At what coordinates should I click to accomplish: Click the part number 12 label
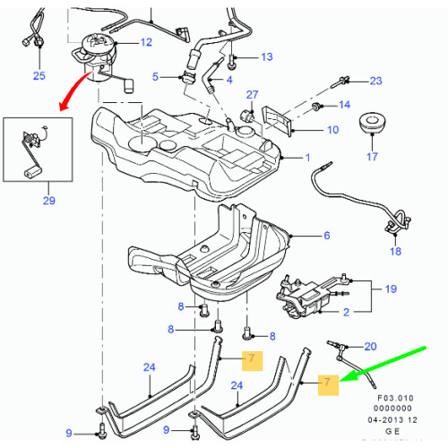146,43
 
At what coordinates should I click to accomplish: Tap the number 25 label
39,75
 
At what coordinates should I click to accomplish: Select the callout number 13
266,57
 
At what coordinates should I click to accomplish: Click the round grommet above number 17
370,124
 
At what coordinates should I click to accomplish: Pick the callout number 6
327,236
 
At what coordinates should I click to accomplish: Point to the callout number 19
390,289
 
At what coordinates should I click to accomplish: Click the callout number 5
155,77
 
